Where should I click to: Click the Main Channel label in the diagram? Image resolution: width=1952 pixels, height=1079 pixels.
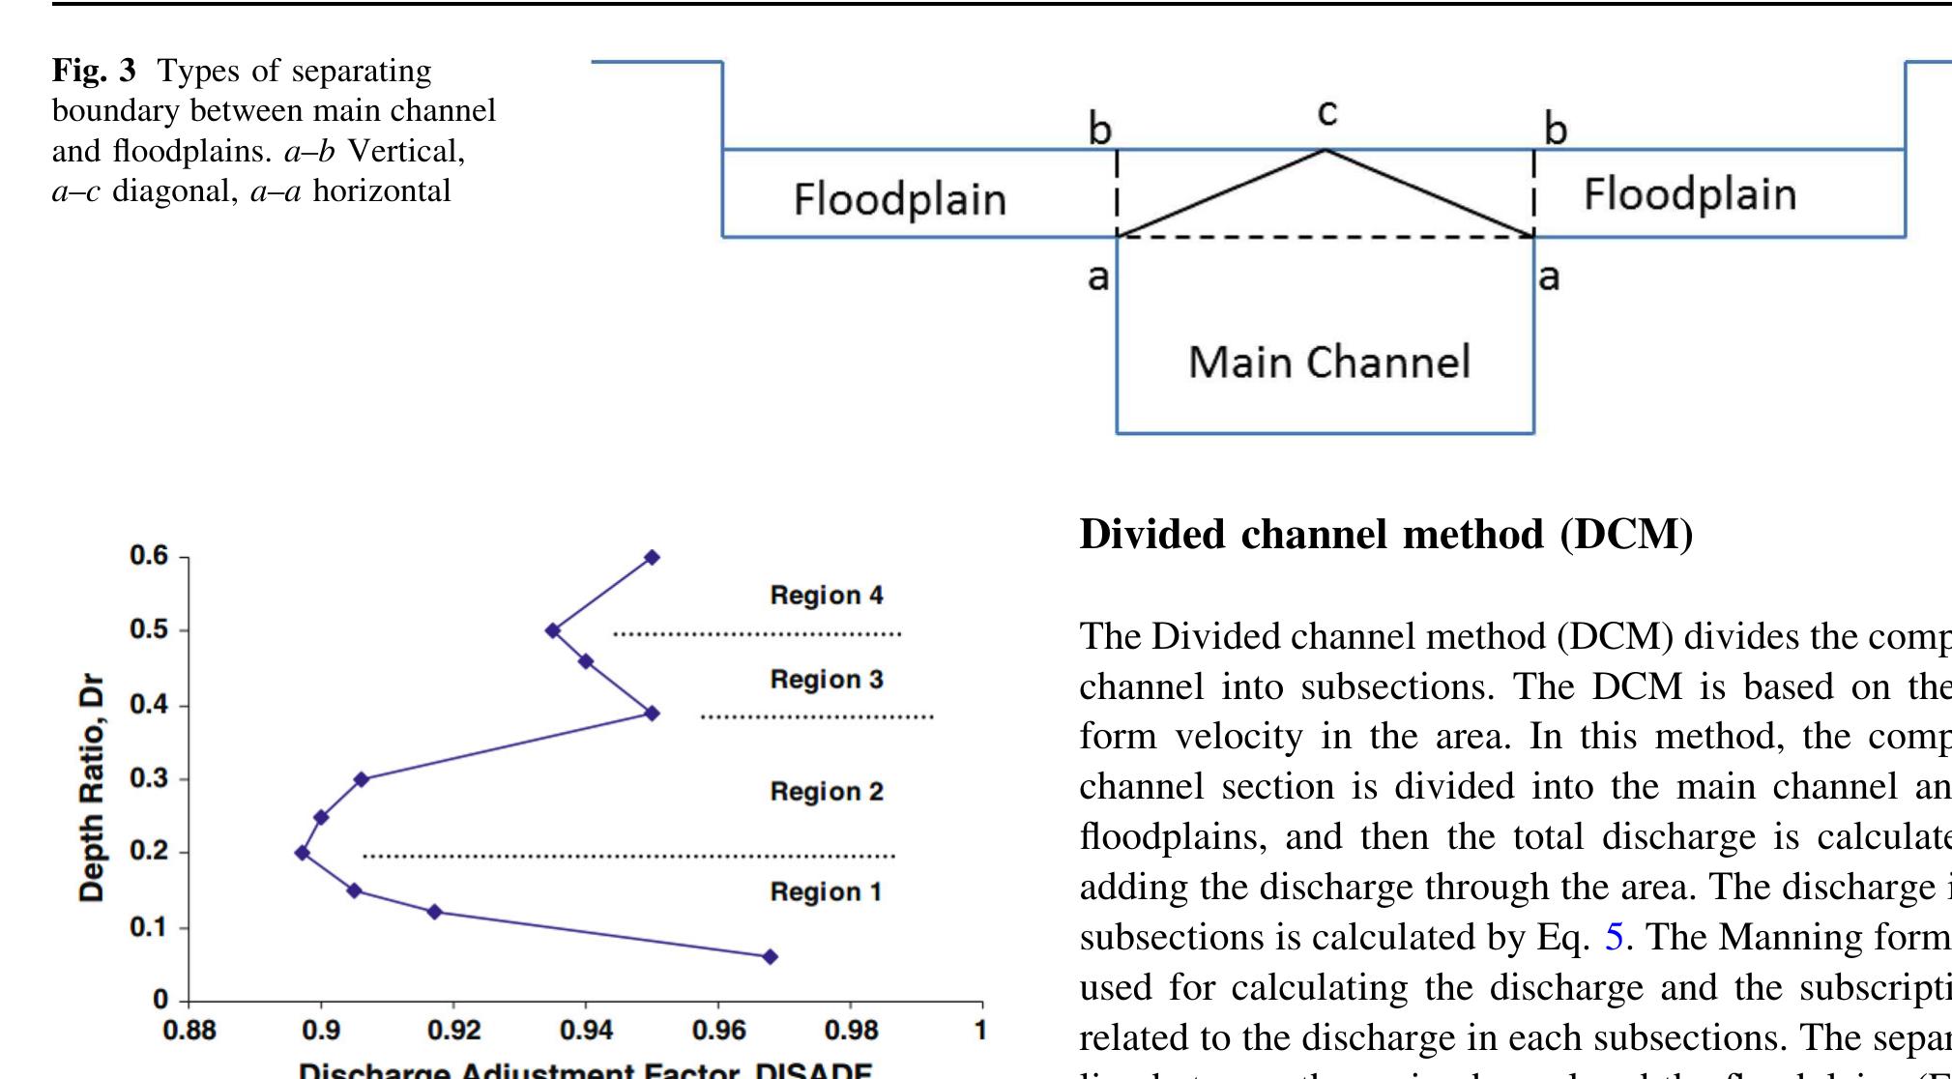(1328, 363)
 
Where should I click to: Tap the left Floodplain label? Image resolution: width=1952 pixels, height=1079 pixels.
(899, 200)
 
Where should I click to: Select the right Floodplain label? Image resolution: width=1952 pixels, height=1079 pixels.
(1689, 194)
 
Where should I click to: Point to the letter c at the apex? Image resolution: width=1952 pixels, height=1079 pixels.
(1326, 113)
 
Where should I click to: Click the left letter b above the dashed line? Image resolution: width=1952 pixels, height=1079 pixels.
(1100, 130)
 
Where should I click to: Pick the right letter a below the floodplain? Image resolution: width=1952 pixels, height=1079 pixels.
(1549, 277)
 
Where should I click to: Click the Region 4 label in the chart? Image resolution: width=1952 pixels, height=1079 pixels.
(826, 596)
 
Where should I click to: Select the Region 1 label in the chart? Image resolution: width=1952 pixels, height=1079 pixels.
(826, 891)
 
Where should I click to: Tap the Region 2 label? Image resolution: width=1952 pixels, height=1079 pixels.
(826, 792)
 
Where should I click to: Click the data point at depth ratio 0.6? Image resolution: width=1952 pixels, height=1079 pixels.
(652, 557)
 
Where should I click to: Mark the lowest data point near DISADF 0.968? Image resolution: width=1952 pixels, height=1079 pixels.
(770, 956)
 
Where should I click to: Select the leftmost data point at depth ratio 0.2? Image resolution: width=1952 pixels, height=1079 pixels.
(303, 853)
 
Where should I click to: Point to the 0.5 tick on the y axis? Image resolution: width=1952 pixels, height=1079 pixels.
(149, 630)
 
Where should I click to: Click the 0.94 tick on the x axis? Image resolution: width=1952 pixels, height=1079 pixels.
(586, 1031)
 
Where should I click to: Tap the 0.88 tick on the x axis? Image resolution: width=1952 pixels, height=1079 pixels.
(189, 1031)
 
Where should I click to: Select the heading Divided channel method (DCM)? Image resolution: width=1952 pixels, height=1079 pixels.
(1385, 535)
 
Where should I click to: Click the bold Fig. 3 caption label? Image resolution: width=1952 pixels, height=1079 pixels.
(94, 71)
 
